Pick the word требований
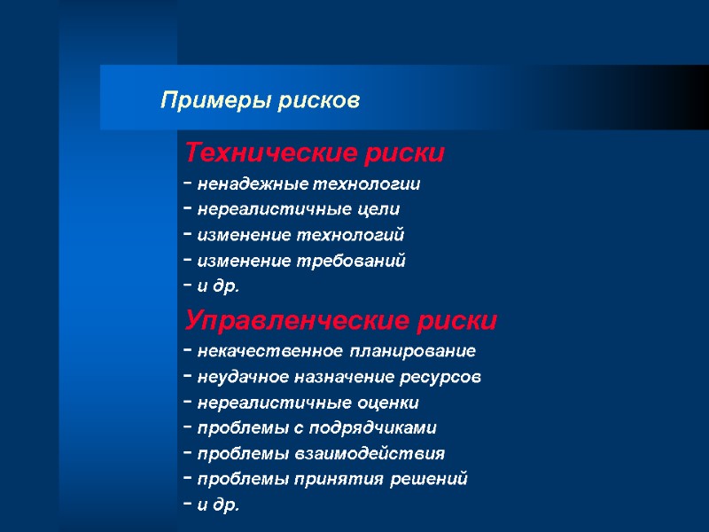[363, 261]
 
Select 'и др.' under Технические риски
[218, 286]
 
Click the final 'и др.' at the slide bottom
[218, 505]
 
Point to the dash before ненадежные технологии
[189, 184]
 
